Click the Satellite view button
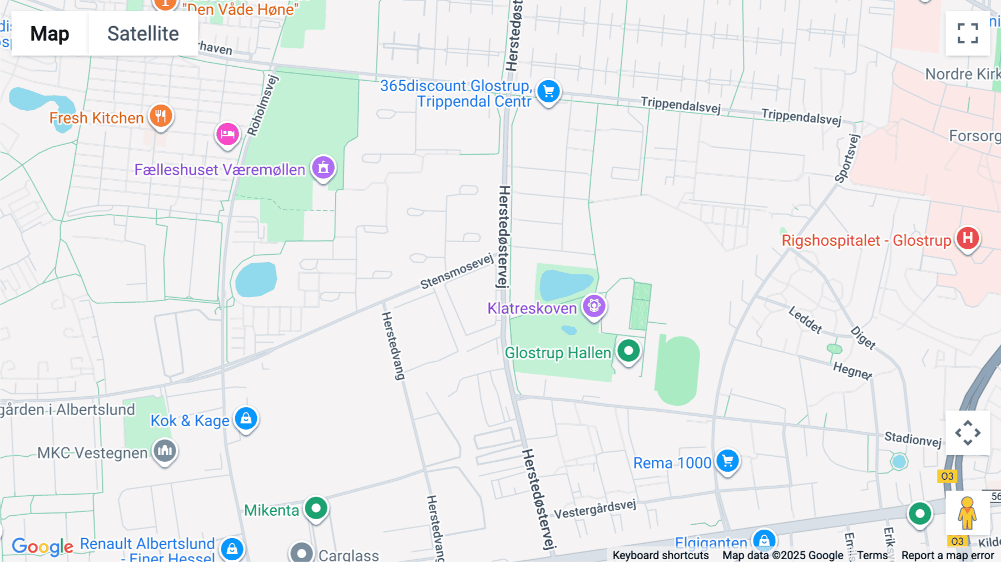[x=143, y=33]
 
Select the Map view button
[x=49, y=33]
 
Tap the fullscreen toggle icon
[x=968, y=33]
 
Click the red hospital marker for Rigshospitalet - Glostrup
[x=968, y=238]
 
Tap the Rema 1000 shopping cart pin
[x=727, y=461]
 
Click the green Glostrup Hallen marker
[x=628, y=351]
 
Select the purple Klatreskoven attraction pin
[x=594, y=305]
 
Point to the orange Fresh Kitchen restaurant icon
[x=161, y=116]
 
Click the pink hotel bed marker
[x=227, y=134]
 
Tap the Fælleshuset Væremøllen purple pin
[x=323, y=167]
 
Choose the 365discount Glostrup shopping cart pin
[x=548, y=91]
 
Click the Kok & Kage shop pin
[x=246, y=418]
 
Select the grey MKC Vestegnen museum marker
[x=165, y=451]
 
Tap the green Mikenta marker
[x=316, y=507]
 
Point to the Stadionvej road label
[x=913, y=439]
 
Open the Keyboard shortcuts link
[x=660, y=555]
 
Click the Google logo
[x=42, y=546]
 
